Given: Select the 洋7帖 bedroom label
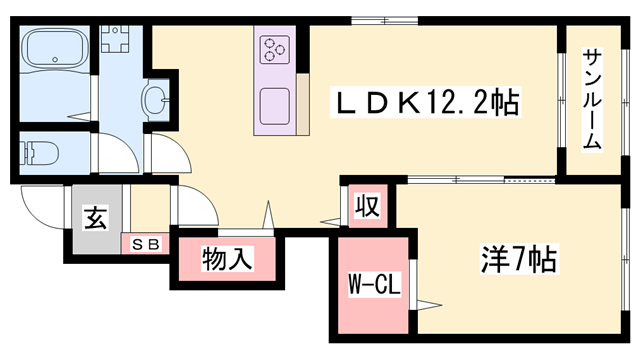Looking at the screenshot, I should pyautogui.click(x=514, y=259).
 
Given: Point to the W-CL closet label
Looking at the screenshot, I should pyautogui.click(x=374, y=288).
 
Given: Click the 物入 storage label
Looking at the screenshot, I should pyautogui.click(x=226, y=260).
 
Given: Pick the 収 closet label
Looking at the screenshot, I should pyautogui.click(x=367, y=207).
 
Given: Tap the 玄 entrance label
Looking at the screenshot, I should pyautogui.click(x=94, y=218).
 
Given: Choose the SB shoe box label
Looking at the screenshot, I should pyautogui.click(x=145, y=244).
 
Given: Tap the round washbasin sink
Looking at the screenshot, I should pyautogui.click(x=158, y=99).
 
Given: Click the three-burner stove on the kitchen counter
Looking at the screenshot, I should pyautogui.click(x=275, y=48).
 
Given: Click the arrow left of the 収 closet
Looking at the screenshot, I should pyautogui.click(x=329, y=223).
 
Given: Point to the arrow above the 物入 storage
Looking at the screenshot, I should pyautogui.click(x=267, y=214).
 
